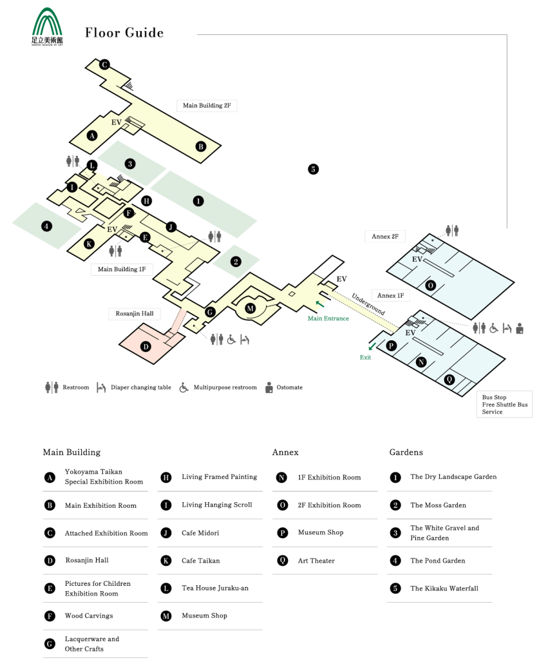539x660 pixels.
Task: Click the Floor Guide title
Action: (x=124, y=32)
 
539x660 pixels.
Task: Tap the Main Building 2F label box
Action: (x=207, y=105)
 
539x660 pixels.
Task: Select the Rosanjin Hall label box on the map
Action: (x=135, y=314)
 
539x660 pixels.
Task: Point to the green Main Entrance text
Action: (x=328, y=318)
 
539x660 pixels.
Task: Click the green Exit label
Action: (x=365, y=357)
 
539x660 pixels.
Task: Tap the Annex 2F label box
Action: (x=385, y=236)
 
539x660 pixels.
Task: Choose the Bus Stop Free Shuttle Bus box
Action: (x=504, y=405)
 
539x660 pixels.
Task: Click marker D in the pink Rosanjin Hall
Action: (x=146, y=347)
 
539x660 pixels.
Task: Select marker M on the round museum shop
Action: (x=250, y=308)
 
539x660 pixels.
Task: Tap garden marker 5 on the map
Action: (x=313, y=170)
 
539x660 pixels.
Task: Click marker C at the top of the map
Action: (x=104, y=64)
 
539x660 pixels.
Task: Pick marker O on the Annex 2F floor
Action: (x=430, y=286)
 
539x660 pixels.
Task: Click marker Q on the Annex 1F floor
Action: (x=449, y=380)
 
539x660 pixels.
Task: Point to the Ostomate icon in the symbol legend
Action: (x=269, y=387)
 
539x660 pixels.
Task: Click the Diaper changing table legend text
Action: (x=141, y=387)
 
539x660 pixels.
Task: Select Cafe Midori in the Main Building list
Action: (x=200, y=533)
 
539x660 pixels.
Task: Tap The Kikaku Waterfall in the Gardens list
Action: (x=444, y=588)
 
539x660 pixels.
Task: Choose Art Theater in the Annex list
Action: (x=316, y=561)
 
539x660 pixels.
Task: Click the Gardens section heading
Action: (x=406, y=452)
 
